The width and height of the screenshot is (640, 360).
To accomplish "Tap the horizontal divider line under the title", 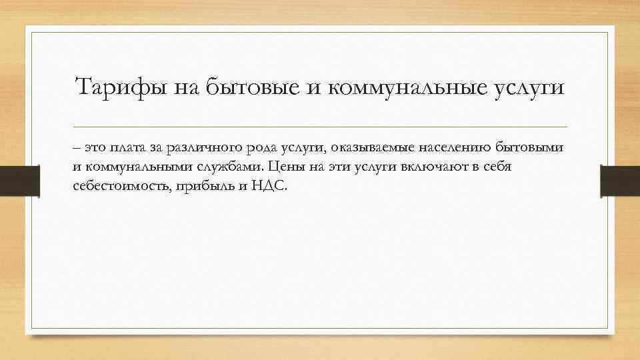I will pos(320,127).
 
